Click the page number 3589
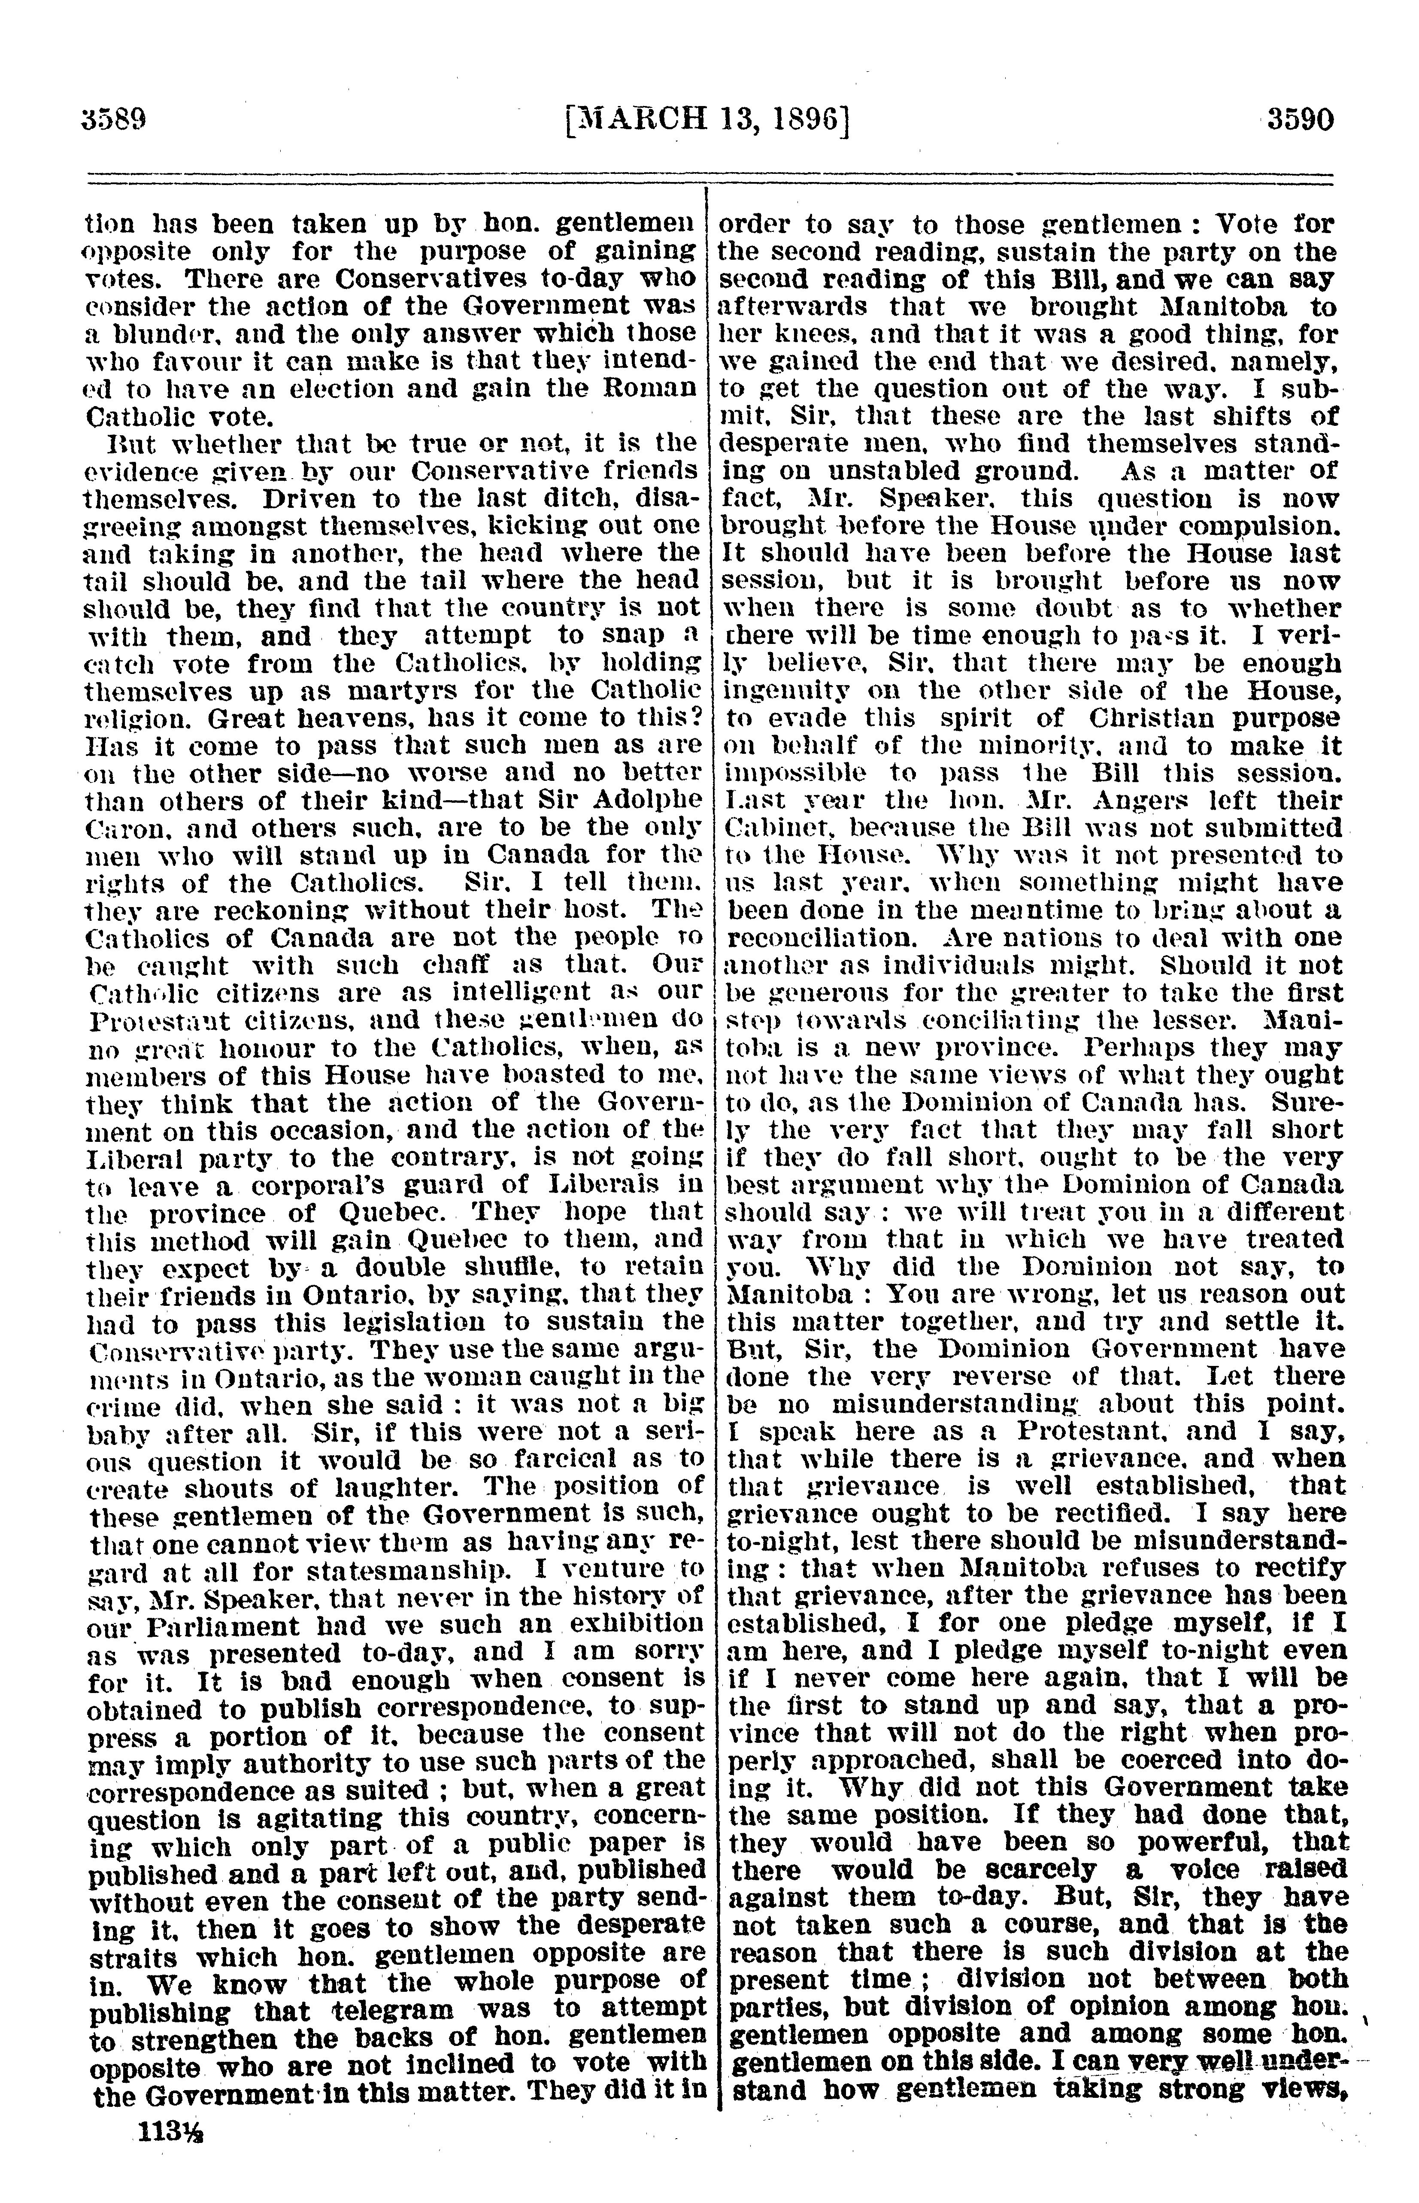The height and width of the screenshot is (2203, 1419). pyautogui.click(x=115, y=121)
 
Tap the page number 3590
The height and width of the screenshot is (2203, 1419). pyautogui.click(x=1299, y=121)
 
